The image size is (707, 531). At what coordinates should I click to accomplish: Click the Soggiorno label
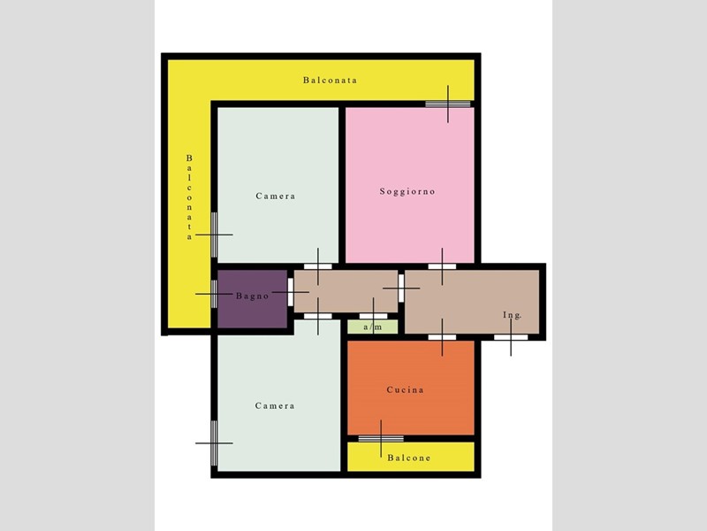coord(407,191)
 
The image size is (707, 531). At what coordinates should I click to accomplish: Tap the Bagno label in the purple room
coord(253,296)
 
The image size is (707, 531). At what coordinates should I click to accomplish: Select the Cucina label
coord(406,389)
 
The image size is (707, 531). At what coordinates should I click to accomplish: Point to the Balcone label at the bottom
coord(409,458)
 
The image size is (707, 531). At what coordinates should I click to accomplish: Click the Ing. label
coord(513,315)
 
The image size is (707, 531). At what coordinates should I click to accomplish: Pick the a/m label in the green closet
coord(373,327)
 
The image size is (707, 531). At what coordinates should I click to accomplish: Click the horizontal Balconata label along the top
coord(330,81)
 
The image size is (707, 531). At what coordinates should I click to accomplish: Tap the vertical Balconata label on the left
coord(189,197)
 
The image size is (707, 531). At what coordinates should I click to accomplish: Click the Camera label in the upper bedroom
coord(276,196)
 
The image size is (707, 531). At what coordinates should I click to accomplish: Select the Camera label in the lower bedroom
coord(275,405)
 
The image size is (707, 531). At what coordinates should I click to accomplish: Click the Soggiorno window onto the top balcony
coord(448,104)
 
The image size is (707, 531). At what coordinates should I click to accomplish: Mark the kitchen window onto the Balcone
coord(381,438)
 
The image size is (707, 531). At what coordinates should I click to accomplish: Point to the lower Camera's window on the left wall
coord(214,443)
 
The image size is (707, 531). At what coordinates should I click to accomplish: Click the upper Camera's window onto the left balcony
coord(214,235)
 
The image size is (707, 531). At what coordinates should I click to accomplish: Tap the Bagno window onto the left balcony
coord(214,294)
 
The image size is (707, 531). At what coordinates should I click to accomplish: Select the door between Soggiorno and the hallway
coord(442,266)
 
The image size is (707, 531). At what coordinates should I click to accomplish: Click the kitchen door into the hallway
coord(442,337)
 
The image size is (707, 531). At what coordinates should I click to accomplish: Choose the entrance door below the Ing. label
coord(511,337)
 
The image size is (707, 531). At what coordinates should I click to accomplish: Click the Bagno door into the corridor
coord(291,292)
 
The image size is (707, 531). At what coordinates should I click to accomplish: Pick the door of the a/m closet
coord(373,316)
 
